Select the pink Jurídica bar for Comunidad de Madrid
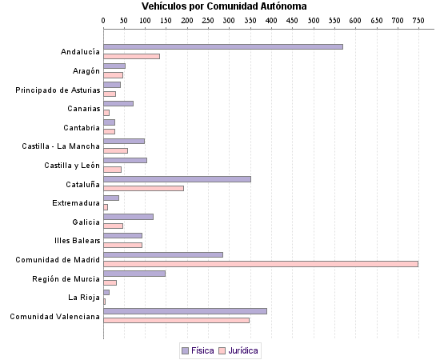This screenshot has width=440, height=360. [x=261, y=264]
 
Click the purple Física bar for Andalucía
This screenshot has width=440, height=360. [x=223, y=47]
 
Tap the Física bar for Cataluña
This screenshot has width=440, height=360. [x=177, y=179]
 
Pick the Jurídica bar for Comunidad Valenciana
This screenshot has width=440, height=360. [x=176, y=320]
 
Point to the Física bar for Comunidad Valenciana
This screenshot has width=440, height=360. [x=185, y=311]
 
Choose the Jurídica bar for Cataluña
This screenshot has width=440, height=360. [x=143, y=188]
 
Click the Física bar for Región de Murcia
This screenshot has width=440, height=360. [x=134, y=274]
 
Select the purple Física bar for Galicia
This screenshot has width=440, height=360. [x=128, y=217]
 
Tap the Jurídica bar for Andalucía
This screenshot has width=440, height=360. [x=131, y=56]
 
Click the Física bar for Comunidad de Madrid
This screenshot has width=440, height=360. [x=163, y=255]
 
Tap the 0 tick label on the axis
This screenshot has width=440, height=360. [x=104, y=18]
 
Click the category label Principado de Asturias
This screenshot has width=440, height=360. [x=58, y=90]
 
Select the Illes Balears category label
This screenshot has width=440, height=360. [x=77, y=241]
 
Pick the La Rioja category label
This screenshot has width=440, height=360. [x=84, y=298]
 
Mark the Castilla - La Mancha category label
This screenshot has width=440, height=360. [x=61, y=146]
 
